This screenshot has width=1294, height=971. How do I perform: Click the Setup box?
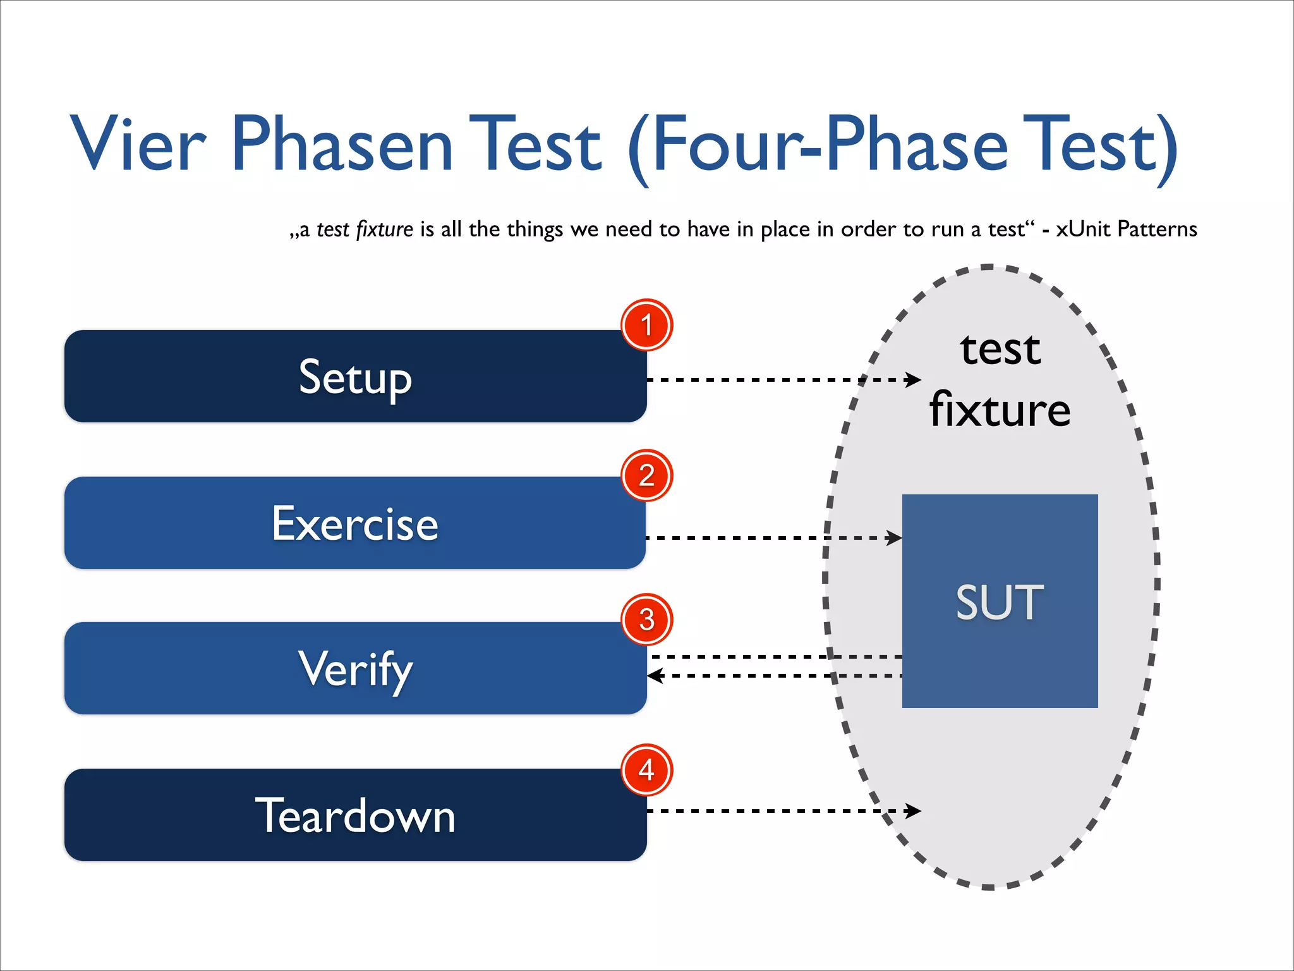[355, 376]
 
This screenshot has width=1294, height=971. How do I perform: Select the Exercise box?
[355, 523]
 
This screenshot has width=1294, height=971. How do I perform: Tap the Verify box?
[355, 668]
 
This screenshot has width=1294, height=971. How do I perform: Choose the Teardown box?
[355, 815]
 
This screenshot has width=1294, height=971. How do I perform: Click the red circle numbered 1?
[646, 325]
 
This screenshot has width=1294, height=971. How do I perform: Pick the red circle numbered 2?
[646, 475]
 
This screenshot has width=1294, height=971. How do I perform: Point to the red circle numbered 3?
[646, 620]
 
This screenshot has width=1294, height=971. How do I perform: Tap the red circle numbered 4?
[646, 769]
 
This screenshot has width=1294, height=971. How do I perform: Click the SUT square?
[1000, 601]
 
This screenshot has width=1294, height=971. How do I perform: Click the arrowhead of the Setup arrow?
[914, 379]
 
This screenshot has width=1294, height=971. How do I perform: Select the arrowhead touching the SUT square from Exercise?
[895, 538]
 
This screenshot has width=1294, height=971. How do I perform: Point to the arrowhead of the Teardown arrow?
[914, 810]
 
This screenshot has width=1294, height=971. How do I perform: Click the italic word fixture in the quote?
[384, 229]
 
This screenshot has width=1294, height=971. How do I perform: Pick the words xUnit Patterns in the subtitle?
[1127, 229]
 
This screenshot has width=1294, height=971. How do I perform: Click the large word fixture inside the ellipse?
[1000, 410]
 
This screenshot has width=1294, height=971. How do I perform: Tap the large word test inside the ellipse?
[1000, 349]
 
